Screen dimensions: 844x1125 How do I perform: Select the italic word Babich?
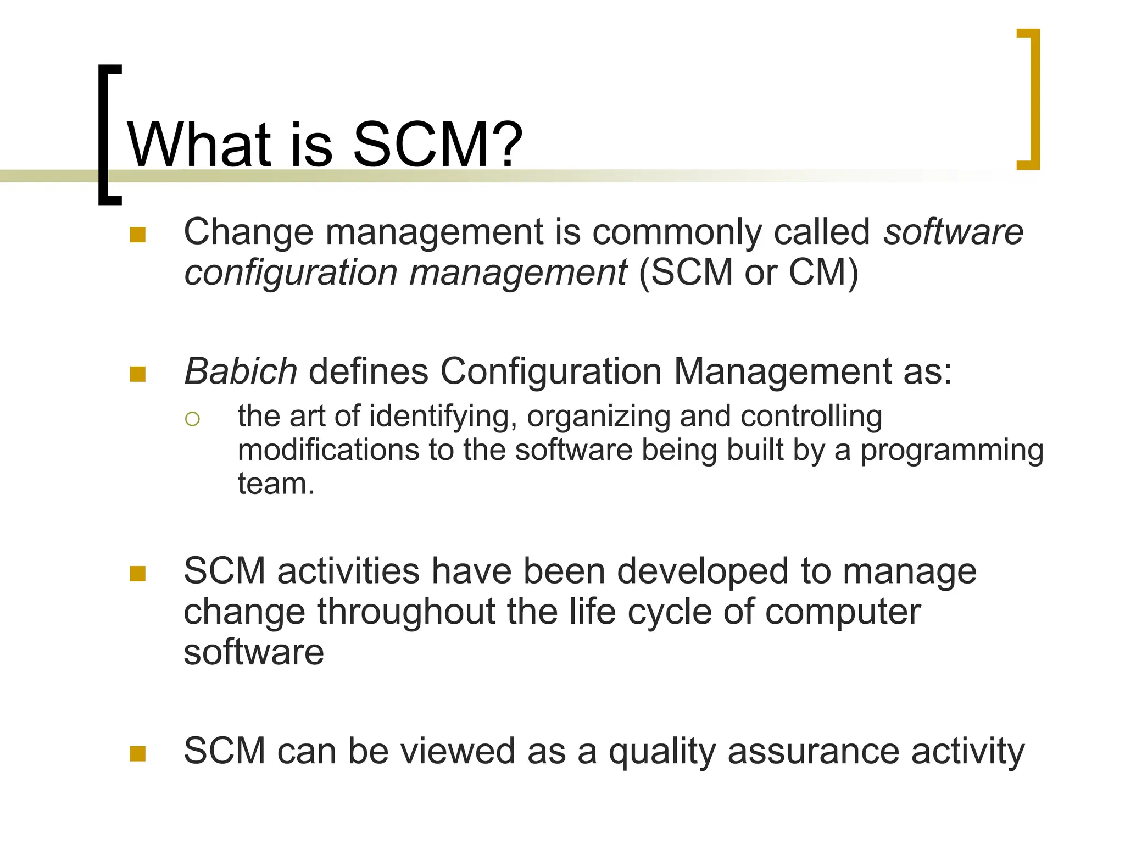pos(241,371)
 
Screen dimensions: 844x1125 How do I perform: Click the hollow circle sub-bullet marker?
pos(192,419)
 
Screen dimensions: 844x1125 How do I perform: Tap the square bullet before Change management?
pos(137,235)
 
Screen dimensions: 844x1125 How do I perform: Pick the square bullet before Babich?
pos(137,375)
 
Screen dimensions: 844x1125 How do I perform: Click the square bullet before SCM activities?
pos(137,574)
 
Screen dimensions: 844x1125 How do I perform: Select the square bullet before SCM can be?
pos(137,754)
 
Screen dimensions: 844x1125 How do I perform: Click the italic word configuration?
pos(291,273)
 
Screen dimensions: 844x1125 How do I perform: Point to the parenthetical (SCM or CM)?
pos(748,273)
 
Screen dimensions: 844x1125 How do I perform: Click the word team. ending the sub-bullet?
pos(276,484)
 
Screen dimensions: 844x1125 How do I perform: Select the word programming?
pos(951,451)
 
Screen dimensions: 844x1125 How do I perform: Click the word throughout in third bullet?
pos(406,612)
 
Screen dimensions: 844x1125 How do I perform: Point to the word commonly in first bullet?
pos(677,232)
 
